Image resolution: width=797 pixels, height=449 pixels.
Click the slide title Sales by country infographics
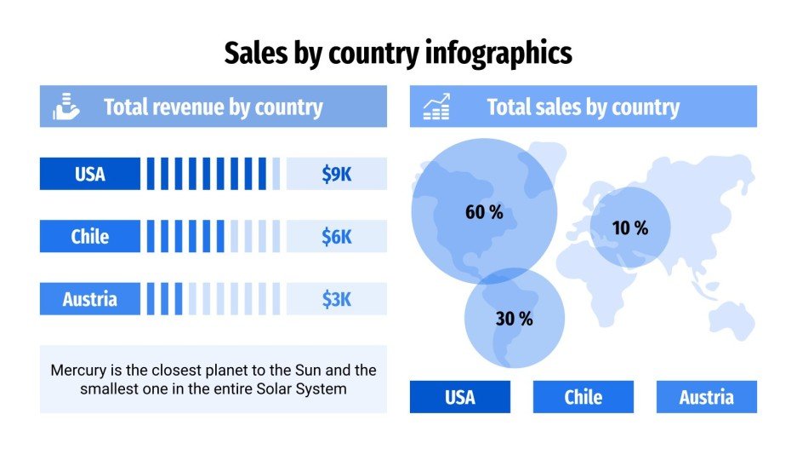(x=398, y=53)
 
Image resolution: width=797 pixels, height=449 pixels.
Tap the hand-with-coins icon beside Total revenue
(x=65, y=106)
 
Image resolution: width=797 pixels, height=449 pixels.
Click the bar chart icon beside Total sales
(x=436, y=107)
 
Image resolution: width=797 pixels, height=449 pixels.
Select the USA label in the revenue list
(x=89, y=174)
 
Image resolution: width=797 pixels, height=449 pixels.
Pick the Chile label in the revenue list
(x=89, y=236)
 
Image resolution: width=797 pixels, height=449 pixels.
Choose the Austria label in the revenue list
(x=89, y=299)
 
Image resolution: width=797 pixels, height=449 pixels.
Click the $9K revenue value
(x=336, y=174)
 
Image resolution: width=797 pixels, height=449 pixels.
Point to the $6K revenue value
(x=336, y=236)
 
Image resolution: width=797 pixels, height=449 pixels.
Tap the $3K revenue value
(x=336, y=299)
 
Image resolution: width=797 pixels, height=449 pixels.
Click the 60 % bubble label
(x=484, y=212)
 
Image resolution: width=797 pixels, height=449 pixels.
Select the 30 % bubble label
(x=514, y=319)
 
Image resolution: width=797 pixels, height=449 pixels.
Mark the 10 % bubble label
(x=630, y=227)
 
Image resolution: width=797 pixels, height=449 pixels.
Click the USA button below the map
(x=459, y=397)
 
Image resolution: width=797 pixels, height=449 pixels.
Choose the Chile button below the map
(x=583, y=397)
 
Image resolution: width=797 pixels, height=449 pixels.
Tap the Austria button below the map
(x=706, y=397)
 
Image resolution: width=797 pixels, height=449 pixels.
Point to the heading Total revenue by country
(x=213, y=107)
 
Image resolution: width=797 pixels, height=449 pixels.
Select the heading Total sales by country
(x=583, y=107)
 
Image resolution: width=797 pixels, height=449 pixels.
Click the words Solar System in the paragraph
(x=306, y=389)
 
